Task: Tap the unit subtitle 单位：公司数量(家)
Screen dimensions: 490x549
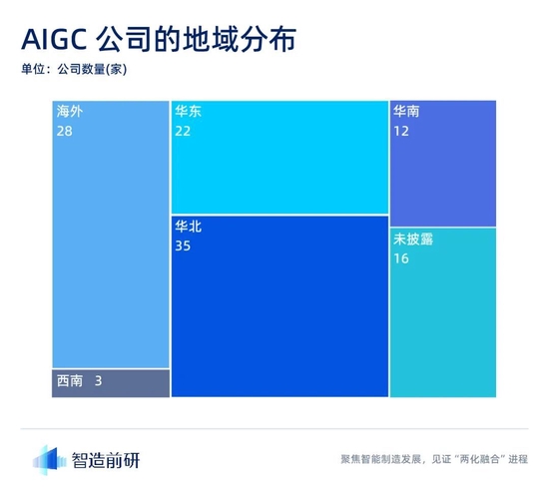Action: pos(73,71)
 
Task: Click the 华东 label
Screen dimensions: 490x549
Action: pos(188,112)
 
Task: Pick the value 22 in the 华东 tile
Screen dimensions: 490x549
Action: pos(184,131)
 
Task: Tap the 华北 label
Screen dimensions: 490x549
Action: pos(188,227)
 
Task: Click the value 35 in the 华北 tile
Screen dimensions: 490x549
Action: pos(184,245)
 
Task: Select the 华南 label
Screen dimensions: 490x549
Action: pos(406,112)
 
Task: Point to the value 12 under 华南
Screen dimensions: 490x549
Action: pos(402,131)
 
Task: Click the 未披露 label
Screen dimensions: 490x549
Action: pos(413,240)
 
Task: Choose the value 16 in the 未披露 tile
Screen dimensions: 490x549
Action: pos(402,258)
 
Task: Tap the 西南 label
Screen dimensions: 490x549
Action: pos(70,381)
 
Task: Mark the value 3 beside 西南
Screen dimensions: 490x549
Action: pos(98,381)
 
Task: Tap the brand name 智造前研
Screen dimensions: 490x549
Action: pos(107,460)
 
